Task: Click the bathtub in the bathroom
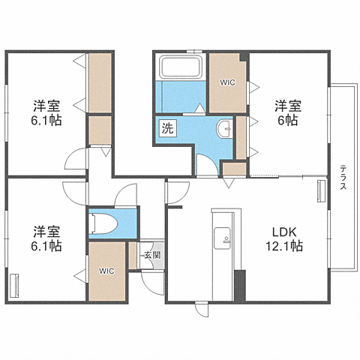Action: [181, 67]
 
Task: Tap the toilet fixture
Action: [103, 223]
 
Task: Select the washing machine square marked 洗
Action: [167, 128]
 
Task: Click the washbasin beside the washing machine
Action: [224, 129]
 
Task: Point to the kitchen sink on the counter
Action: [222, 238]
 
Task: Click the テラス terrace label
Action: [343, 177]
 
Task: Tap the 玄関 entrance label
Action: [153, 255]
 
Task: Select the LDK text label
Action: [284, 232]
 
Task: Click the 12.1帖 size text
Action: [284, 246]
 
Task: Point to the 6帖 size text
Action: [288, 120]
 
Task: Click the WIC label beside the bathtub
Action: [227, 82]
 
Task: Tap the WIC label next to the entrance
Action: [106, 271]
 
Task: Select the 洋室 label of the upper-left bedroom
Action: [46, 106]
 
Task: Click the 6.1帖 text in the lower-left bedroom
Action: [46, 246]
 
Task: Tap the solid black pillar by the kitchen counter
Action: [240, 286]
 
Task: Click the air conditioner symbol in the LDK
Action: [321, 191]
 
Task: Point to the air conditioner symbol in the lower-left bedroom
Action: [14, 286]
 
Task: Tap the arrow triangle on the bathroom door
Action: [200, 108]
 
